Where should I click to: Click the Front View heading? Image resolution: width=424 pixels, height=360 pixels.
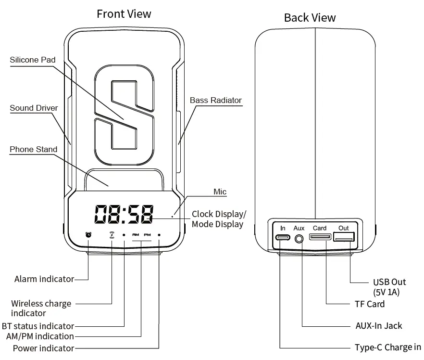[124, 14]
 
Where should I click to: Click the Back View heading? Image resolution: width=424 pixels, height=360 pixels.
[310, 18]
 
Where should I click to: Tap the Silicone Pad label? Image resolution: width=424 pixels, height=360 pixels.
[33, 60]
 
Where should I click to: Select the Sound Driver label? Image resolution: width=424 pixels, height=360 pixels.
[34, 108]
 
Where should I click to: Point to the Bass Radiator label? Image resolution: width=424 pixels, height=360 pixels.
[215, 100]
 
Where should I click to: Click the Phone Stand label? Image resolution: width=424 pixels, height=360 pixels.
[33, 149]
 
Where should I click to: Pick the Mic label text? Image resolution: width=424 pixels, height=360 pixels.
[220, 192]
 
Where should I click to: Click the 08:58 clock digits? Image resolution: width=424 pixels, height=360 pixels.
[124, 214]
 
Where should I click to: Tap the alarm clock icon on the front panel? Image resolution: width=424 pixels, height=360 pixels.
[88, 235]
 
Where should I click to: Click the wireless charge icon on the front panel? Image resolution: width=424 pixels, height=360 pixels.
[112, 235]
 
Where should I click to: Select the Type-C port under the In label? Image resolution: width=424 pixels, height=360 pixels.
[283, 237]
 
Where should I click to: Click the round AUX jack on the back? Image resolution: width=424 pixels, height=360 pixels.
[299, 238]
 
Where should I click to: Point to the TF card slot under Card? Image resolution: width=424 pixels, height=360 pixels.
[320, 237]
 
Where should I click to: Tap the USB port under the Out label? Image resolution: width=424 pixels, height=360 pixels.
[344, 237]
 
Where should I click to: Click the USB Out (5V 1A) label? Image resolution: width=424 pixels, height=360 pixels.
[389, 287]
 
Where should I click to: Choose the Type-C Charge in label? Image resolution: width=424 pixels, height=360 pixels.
[387, 347]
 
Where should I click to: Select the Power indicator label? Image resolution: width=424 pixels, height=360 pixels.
[43, 348]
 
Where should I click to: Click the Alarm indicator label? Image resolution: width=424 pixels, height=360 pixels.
[44, 279]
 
